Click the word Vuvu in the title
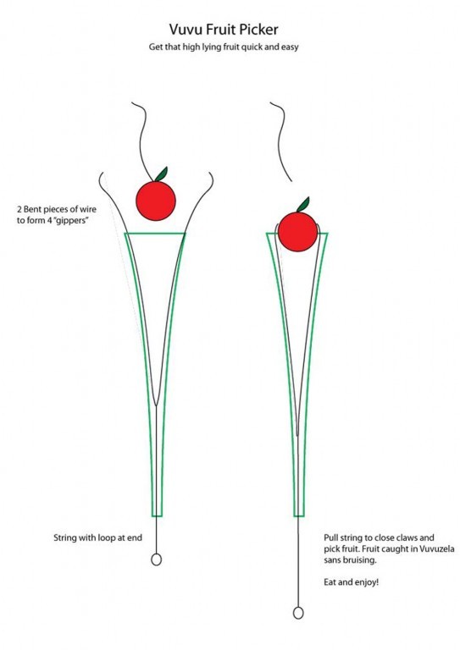pos(186,30)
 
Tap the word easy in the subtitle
pos(290,47)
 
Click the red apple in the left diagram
pos(156,201)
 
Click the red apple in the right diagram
pos(298,231)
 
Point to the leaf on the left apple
pos(161,174)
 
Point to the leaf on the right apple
pos(303,204)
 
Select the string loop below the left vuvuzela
pos(156,559)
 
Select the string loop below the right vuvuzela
pos(298,613)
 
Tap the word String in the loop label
pos(65,538)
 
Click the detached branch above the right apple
pos(282,141)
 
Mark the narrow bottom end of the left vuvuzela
pos(157,515)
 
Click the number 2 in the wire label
pos(19,209)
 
